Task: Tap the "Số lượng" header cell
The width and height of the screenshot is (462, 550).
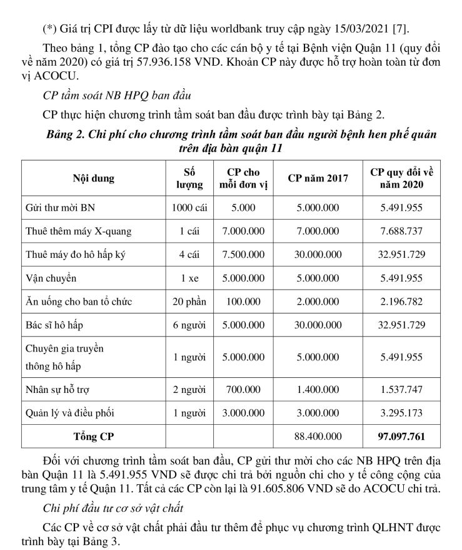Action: tap(189, 178)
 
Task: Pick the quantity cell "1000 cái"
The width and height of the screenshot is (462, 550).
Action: tap(189, 207)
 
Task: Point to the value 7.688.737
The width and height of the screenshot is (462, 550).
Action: tap(401, 231)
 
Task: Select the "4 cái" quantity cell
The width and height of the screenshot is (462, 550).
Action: tap(189, 255)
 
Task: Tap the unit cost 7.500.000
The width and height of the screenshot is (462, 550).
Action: tap(243, 255)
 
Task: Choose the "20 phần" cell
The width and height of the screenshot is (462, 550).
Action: tap(189, 302)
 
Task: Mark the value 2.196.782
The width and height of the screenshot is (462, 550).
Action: tap(401, 302)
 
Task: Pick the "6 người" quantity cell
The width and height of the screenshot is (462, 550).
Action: tap(189, 325)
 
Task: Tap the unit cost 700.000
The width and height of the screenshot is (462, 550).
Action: tap(243, 389)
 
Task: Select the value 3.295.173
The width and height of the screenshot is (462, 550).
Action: tap(401, 413)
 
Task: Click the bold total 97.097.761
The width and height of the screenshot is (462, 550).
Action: tap(401, 436)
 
